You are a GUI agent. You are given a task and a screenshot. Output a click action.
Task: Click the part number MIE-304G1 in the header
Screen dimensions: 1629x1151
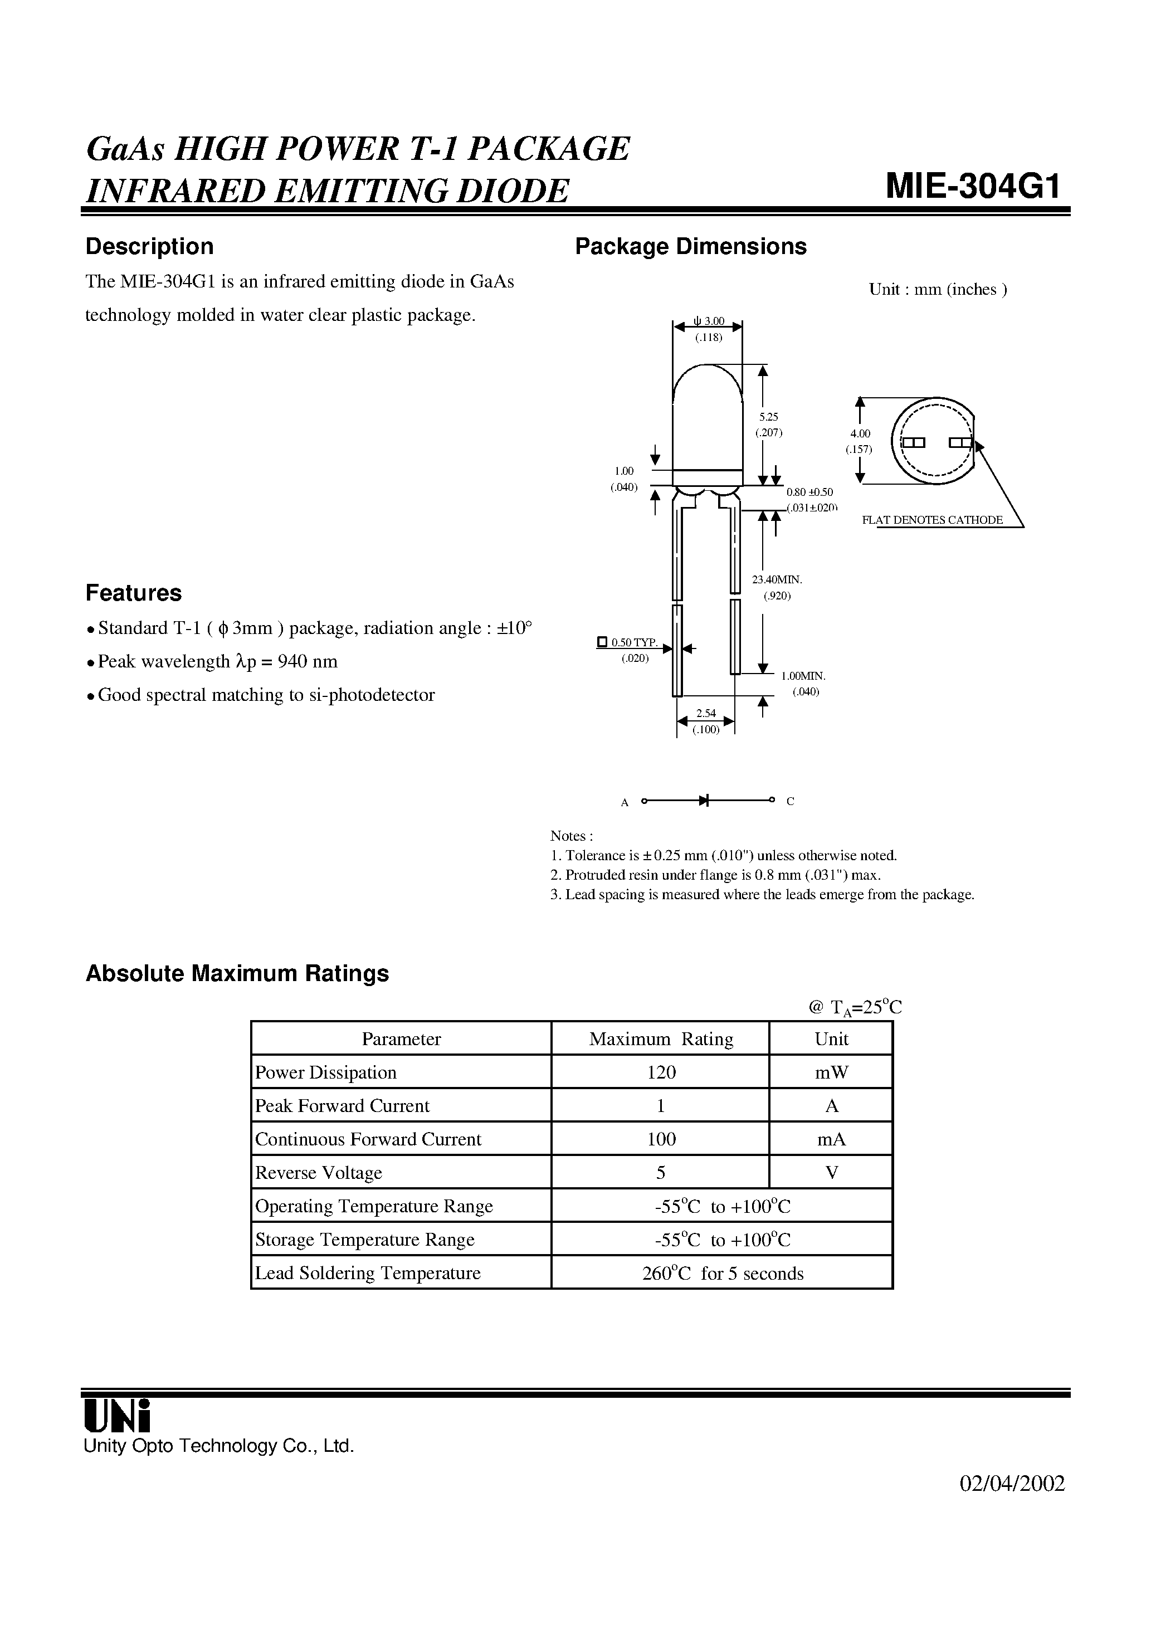coord(973,187)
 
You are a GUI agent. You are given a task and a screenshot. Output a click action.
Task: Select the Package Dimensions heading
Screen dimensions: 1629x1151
coord(690,246)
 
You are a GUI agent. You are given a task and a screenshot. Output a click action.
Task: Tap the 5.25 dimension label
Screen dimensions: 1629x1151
coord(768,417)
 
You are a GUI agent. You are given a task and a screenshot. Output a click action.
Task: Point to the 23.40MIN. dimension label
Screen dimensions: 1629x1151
coord(777,579)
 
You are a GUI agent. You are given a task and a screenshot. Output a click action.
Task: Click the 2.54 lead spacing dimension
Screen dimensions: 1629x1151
coord(705,714)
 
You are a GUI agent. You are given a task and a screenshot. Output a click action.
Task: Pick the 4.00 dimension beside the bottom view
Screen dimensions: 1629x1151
coord(860,433)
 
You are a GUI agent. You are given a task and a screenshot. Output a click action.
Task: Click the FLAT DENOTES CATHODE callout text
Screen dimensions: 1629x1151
coord(931,520)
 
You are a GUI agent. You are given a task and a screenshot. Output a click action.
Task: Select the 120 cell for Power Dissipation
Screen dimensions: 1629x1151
coord(661,1072)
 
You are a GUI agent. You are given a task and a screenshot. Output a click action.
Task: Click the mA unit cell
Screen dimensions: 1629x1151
coord(831,1139)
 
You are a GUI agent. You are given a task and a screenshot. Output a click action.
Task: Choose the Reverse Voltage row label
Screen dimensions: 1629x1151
coord(319,1173)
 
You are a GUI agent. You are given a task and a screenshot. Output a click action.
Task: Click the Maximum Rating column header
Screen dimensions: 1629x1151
coord(661,1038)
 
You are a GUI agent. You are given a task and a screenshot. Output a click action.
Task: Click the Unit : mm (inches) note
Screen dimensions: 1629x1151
coord(938,290)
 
